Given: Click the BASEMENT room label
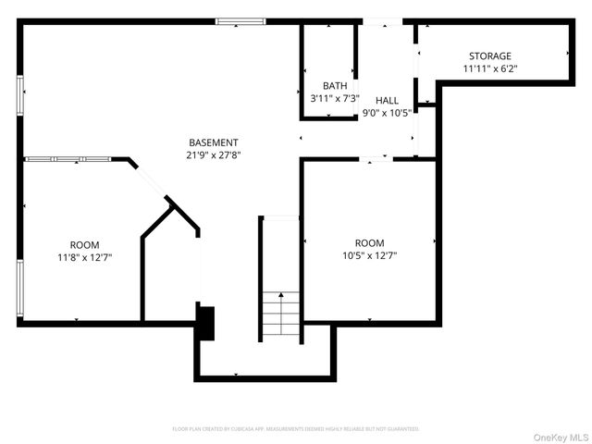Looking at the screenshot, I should (214, 142).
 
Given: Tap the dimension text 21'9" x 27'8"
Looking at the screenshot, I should (214, 154).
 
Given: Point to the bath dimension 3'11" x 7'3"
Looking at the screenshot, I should (329, 97).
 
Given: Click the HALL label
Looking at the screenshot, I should (387, 101).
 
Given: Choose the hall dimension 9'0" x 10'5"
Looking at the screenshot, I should (387, 113).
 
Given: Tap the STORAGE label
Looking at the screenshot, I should (489, 56).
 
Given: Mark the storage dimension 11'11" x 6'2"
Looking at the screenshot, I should (489, 68).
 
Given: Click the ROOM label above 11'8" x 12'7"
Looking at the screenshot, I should (85, 246).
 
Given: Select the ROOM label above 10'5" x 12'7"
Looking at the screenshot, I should (369, 242).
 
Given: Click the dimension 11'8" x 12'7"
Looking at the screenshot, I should (85, 258).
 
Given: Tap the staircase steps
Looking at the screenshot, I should (280, 314).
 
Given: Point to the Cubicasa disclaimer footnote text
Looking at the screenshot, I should (296, 429).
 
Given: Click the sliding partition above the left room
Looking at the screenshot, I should (68, 159).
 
